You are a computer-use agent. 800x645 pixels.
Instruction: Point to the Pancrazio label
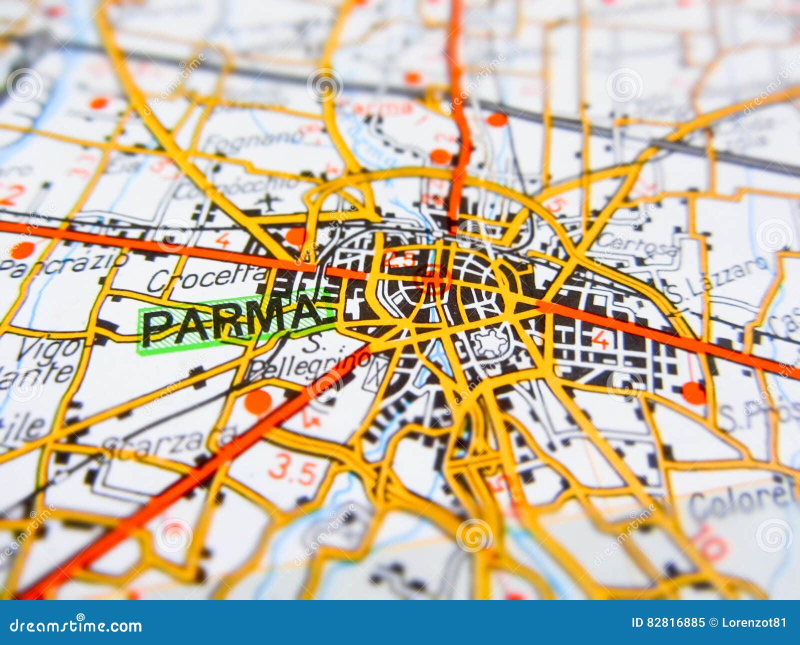click(62, 265)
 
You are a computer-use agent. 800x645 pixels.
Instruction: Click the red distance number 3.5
click(293, 470)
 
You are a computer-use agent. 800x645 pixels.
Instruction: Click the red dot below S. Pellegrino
click(258, 401)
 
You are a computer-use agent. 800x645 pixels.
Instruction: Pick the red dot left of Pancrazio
click(22, 250)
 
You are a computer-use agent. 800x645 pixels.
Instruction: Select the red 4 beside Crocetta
click(222, 240)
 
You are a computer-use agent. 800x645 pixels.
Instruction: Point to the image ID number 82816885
click(675, 622)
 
